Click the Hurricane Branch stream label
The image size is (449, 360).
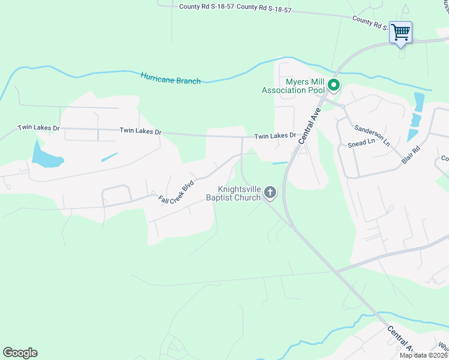pos(170,78)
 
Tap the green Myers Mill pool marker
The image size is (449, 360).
pos(334,86)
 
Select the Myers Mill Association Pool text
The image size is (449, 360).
pos(292,86)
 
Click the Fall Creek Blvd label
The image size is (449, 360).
pos(176,191)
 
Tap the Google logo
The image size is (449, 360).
pos(20,353)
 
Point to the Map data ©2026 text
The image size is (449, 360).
pos(424,355)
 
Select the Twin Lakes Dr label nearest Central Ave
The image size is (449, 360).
pos(275,136)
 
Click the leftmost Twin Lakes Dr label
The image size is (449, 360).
pos(39,128)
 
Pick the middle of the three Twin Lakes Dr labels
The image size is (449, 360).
pos(140,131)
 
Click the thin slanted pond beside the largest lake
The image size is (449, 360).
pos(109,157)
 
